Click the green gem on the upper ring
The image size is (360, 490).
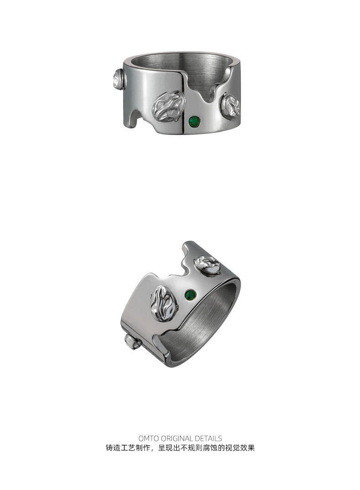(x=195, y=121)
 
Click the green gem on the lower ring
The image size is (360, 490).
(x=191, y=295)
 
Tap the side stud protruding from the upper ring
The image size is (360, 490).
(x=118, y=80)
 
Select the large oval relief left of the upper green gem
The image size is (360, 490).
(x=169, y=106)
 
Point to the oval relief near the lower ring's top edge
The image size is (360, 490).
(x=208, y=265)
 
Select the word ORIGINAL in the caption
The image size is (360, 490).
(x=177, y=438)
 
